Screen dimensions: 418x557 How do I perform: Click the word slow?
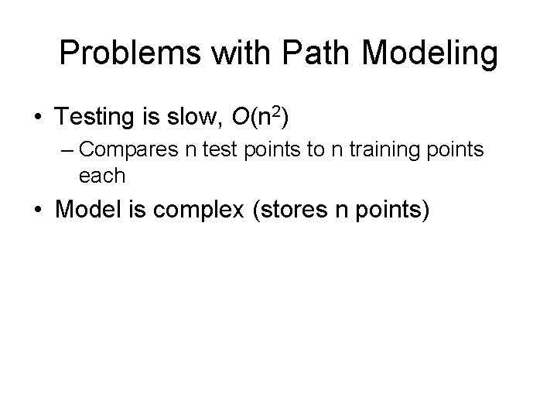[197, 118]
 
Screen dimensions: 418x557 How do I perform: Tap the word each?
[102, 176]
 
